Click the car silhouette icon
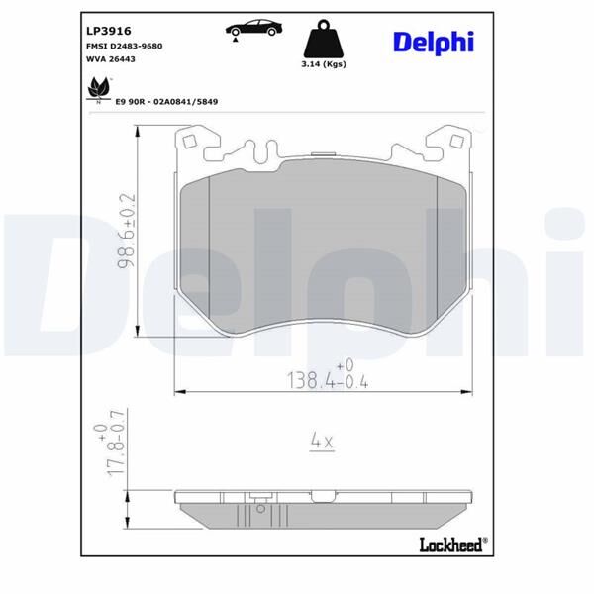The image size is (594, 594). click(251, 28)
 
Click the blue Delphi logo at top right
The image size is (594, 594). click(433, 42)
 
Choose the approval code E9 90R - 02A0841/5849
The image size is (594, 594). click(166, 101)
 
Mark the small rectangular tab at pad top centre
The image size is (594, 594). click(323, 153)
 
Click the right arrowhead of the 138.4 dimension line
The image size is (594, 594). click(467, 393)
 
